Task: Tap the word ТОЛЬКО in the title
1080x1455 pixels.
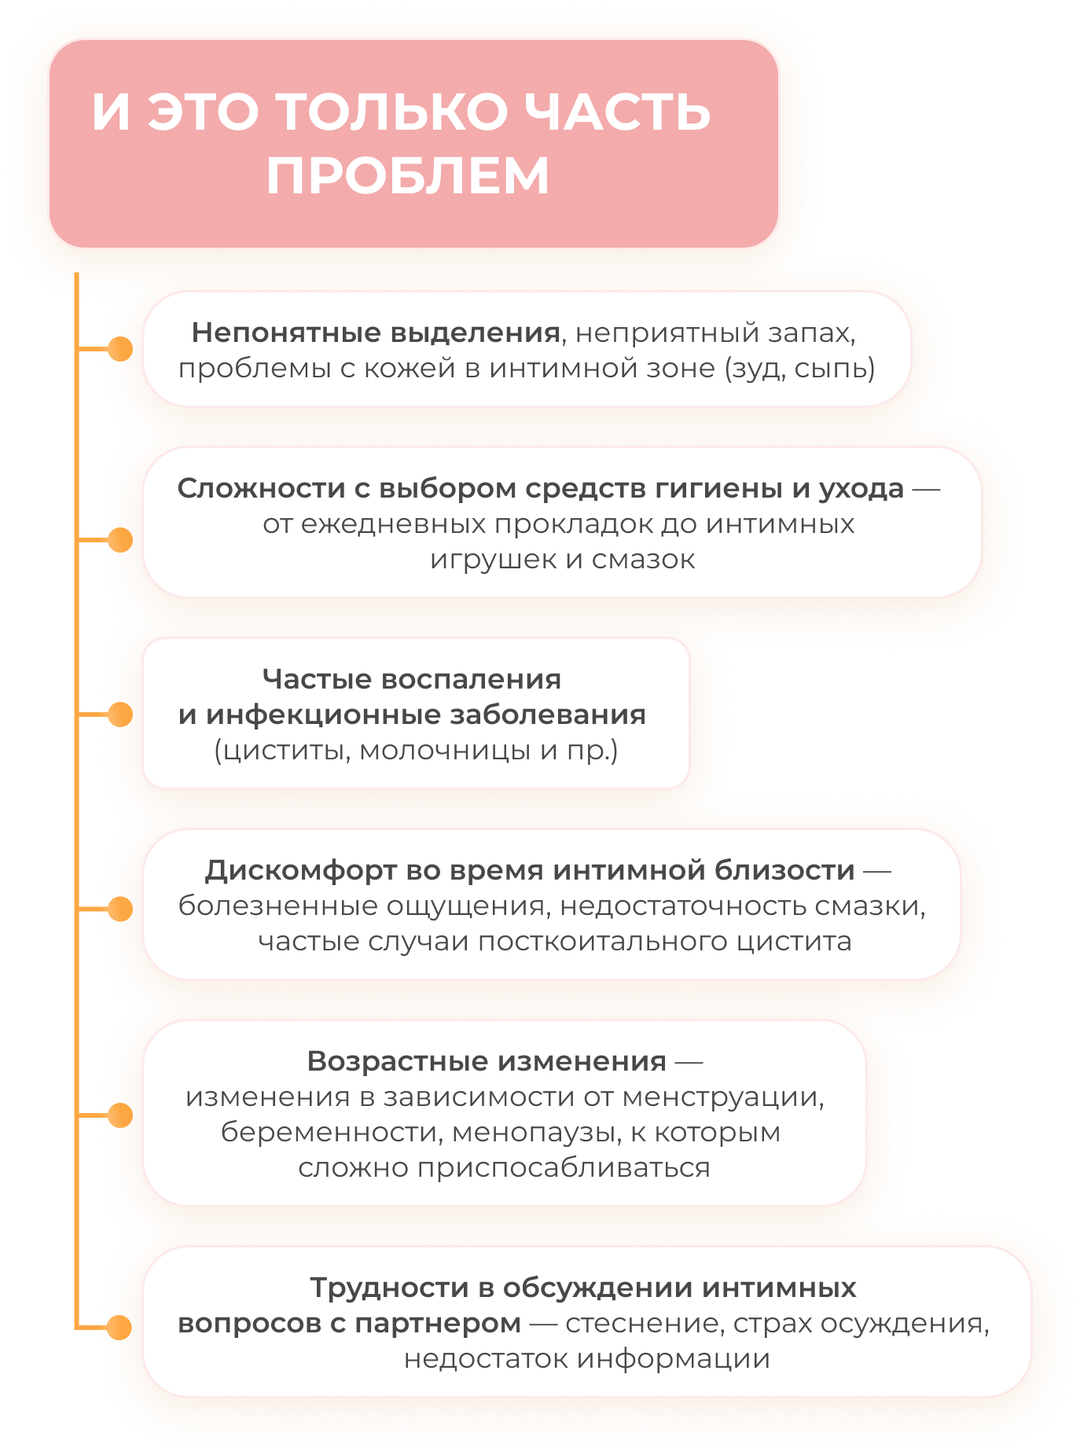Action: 393,111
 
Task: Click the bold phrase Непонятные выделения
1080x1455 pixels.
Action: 376,333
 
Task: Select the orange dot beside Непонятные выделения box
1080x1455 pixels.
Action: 120,348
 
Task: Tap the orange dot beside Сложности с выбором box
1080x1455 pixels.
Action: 120,540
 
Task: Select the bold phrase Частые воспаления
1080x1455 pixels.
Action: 412,679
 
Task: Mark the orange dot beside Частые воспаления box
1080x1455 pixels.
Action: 120,715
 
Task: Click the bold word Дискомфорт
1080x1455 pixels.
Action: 301,870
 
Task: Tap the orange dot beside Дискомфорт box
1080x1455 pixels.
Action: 120,909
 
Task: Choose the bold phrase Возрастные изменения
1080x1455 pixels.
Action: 487,1061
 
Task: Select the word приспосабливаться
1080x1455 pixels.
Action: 563,1167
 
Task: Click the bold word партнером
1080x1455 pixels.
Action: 438,1323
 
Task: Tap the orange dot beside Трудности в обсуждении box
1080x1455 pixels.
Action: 120,1327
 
